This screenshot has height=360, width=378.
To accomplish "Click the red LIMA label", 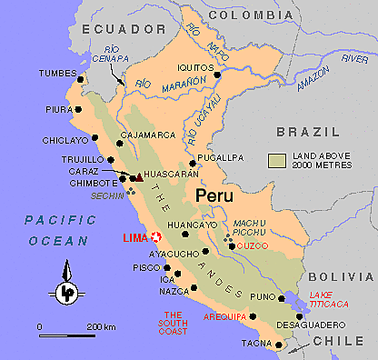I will [x=134, y=238].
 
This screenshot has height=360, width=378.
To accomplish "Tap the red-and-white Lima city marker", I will [x=155, y=237].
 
